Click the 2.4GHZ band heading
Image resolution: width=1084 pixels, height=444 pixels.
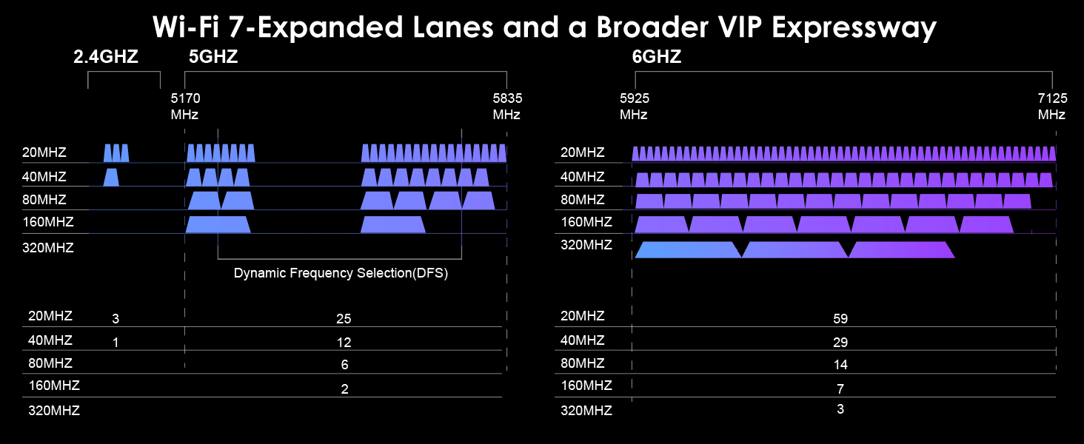tap(106, 57)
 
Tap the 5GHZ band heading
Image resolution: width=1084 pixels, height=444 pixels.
tap(213, 57)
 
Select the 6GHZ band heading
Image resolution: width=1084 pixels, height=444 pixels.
tap(657, 57)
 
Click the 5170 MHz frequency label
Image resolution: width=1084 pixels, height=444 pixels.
tap(184, 106)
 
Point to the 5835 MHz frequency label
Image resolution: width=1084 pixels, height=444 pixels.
tap(506, 106)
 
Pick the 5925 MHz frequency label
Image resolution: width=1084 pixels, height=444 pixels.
tap(634, 106)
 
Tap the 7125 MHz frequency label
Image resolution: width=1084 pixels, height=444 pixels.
tap(1051, 106)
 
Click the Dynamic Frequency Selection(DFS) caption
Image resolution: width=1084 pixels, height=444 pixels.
tap(341, 273)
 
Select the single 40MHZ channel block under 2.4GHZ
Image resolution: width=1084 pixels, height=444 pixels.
tap(111, 177)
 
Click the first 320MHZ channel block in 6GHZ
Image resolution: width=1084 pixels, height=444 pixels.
tap(688, 249)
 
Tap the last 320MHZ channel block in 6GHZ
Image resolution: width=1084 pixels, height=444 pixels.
tap(901, 249)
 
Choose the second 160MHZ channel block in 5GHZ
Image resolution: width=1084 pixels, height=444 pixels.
tap(392, 224)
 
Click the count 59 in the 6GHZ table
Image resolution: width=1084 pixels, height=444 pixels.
tap(840, 319)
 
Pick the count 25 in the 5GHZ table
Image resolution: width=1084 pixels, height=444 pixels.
tap(343, 319)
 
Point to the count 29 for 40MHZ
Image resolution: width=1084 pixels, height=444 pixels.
tap(840, 343)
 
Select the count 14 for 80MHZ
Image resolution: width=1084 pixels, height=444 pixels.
tap(840, 365)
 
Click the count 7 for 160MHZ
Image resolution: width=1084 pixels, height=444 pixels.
tap(840, 388)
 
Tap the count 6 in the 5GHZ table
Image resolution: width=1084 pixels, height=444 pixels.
tap(344, 365)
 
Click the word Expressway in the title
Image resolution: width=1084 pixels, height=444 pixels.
tap(854, 28)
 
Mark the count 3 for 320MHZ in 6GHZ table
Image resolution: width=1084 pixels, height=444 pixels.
tap(840, 409)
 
